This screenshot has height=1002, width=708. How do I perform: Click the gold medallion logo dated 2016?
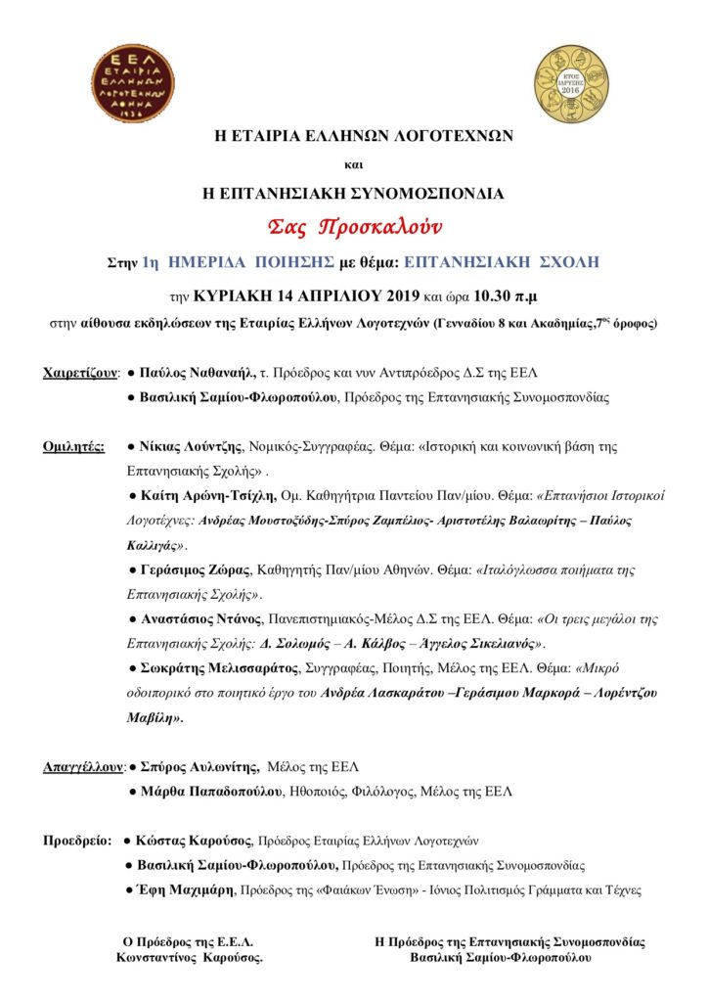(x=573, y=83)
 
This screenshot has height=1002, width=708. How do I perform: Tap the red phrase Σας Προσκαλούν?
(x=355, y=228)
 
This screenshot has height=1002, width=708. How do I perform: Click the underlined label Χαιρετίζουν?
(x=80, y=373)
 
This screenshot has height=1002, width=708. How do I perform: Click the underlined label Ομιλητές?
(x=74, y=446)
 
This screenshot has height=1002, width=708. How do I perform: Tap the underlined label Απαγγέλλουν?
(x=84, y=765)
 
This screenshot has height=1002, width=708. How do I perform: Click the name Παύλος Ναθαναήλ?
(x=197, y=373)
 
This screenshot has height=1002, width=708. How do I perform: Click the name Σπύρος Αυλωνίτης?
(x=199, y=765)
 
